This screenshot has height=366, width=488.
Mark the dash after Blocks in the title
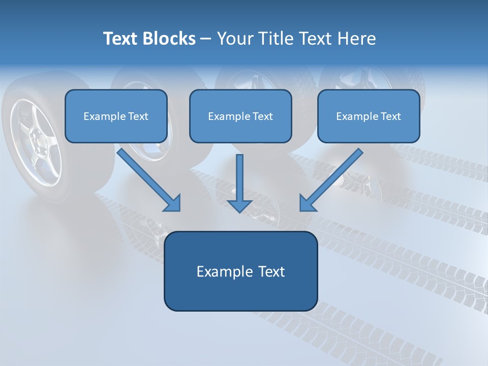(x=206, y=39)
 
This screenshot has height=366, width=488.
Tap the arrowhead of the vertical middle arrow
(x=239, y=205)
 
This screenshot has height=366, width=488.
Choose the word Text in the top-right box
(x=390, y=116)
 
